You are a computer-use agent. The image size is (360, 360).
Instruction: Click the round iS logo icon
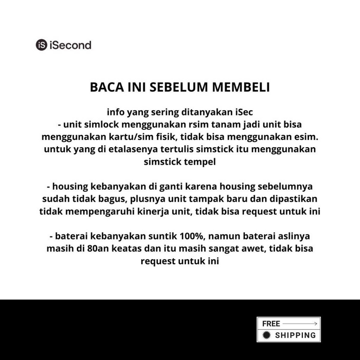pyautogui.click(x=42, y=45)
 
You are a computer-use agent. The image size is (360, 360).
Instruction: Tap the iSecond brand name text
pyautogui.click(x=70, y=45)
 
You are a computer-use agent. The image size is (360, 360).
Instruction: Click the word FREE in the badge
pyautogui.click(x=271, y=323)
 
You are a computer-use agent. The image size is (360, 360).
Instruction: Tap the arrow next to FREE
pyautogui.click(x=300, y=323)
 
